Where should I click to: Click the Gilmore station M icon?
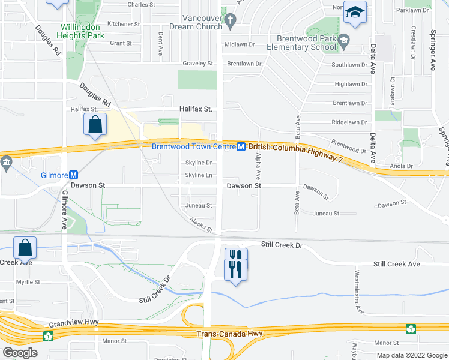[x=74, y=175]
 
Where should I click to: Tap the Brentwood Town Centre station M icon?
[x=240, y=146]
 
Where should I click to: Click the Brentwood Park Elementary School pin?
[x=343, y=41]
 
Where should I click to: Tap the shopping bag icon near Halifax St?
[x=95, y=126]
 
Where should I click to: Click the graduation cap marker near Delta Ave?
[x=355, y=13]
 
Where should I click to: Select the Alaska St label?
[x=201, y=225]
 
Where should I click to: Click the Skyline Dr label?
[x=199, y=163]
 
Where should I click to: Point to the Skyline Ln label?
[x=199, y=175]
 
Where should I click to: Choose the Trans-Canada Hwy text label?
[x=221, y=334]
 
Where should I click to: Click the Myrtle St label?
[x=28, y=282]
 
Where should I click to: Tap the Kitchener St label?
[x=124, y=24]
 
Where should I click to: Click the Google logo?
[x=20, y=353]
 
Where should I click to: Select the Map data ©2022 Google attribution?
[x=411, y=355]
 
